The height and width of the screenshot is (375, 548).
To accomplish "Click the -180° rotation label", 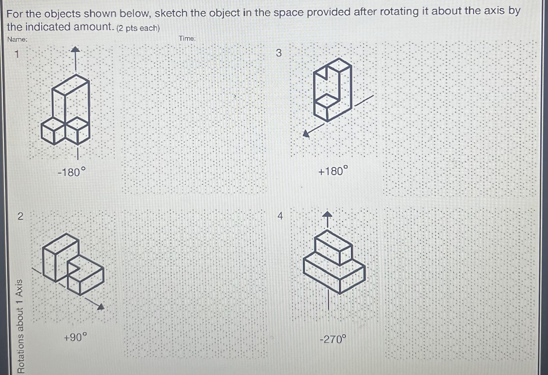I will tap(72, 172).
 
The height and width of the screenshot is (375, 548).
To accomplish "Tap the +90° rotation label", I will tap(75, 337).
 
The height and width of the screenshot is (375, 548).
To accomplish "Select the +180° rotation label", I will tap(333, 171).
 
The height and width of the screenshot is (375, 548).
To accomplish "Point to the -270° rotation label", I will tap(333, 339).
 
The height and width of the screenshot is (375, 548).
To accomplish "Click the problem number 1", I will tap(17, 54).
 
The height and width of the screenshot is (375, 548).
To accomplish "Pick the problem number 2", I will tap(20, 216).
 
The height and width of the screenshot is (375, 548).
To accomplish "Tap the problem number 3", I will tap(279, 53).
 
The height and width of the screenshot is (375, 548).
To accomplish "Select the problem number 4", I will tap(280, 216).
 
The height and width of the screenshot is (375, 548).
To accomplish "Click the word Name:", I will tap(17, 39).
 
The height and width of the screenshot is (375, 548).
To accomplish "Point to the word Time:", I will tap(187, 38).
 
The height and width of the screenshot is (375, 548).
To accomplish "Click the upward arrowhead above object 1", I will tap(76, 49).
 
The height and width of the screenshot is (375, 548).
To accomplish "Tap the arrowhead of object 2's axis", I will tap(101, 307).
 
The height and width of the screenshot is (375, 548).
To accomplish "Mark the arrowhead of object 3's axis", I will tap(306, 133).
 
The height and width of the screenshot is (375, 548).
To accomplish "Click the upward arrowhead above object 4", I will tap(327, 214).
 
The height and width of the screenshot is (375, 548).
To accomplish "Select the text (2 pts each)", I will tap(138, 28).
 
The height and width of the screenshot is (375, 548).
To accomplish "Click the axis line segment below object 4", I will tap(328, 299).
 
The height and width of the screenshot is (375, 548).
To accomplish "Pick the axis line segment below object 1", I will tap(78, 153).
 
